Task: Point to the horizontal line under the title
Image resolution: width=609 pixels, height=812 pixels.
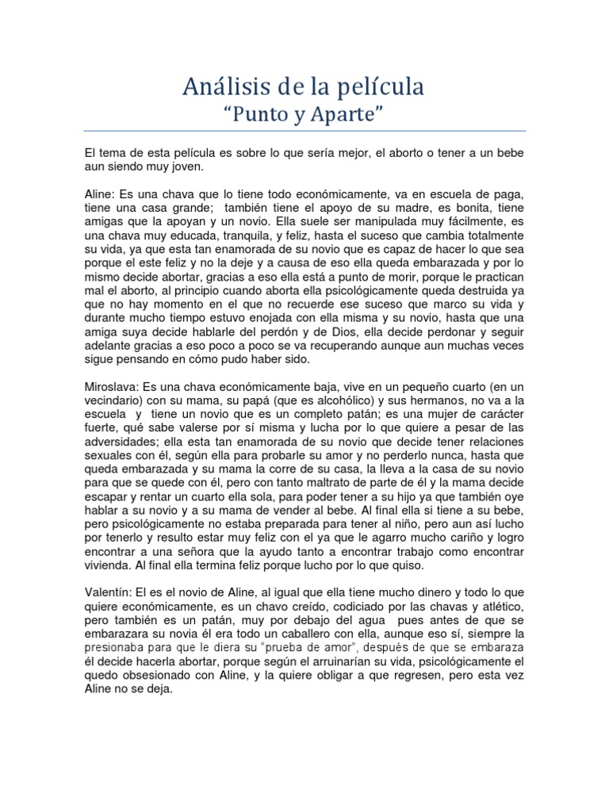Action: (x=304, y=132)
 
